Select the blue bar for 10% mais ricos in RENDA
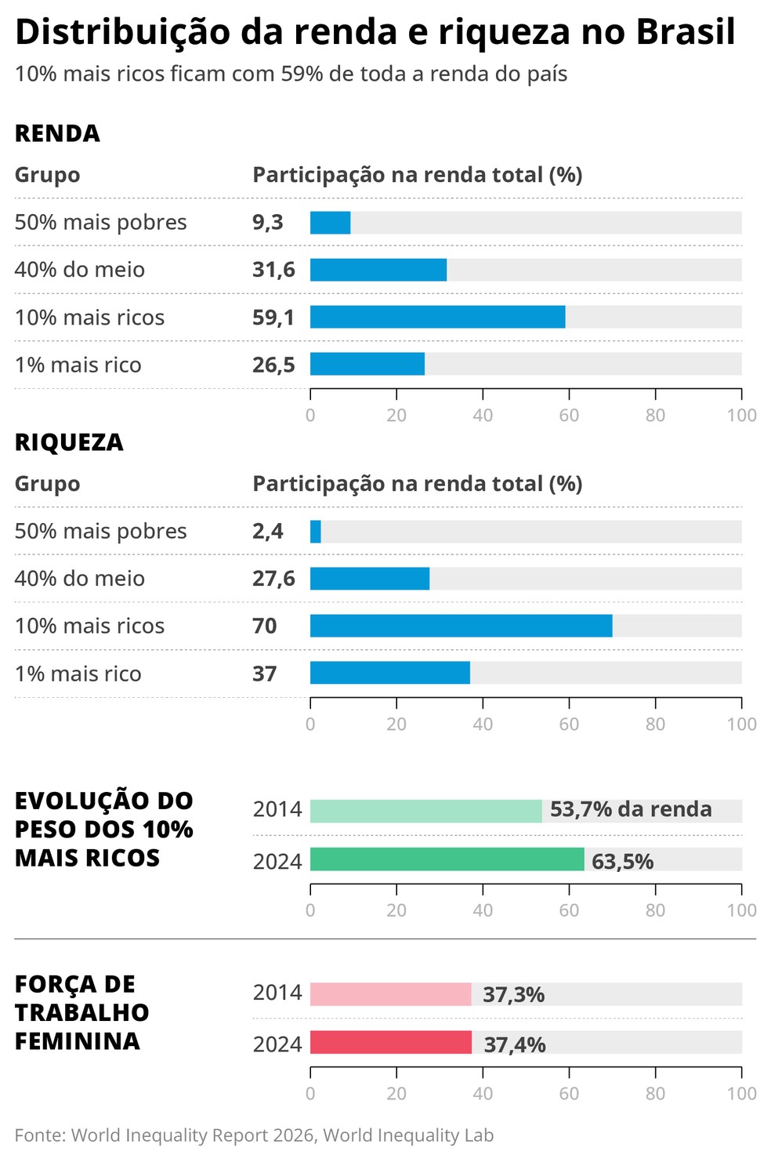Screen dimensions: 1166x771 (x=437, y=317)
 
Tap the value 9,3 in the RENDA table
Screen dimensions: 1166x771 (x=268, y=223)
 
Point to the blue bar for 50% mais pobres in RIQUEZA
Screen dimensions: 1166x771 (x=315, y=532)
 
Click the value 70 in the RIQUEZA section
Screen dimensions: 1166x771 (x=265, y=626)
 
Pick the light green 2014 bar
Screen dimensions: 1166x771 (x=425, y=811)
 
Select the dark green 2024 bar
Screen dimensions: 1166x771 (x=447, y=859)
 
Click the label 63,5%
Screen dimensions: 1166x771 (x=622, y=861)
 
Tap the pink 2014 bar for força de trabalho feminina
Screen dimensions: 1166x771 (x=390, y=994)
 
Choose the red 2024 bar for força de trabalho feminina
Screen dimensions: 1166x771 (x=390, y=1043)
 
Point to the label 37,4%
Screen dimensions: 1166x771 (x=514, y=1044)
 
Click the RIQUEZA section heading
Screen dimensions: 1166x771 (x=69, y=442)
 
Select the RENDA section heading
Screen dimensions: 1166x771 (x=57, y=133)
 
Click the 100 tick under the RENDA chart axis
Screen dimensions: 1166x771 (x=741, y=415)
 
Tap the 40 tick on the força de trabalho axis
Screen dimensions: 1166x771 (x=483, y=1093)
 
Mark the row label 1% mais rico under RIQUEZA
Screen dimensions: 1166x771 (x=78, y=674)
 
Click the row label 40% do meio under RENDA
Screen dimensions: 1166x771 (x=79, y=270)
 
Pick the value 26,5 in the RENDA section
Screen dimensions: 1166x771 (x=273, y=365)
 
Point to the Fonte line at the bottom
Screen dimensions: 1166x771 (x=254, y=1135)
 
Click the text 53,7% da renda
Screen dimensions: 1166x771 (x=631, y=809)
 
